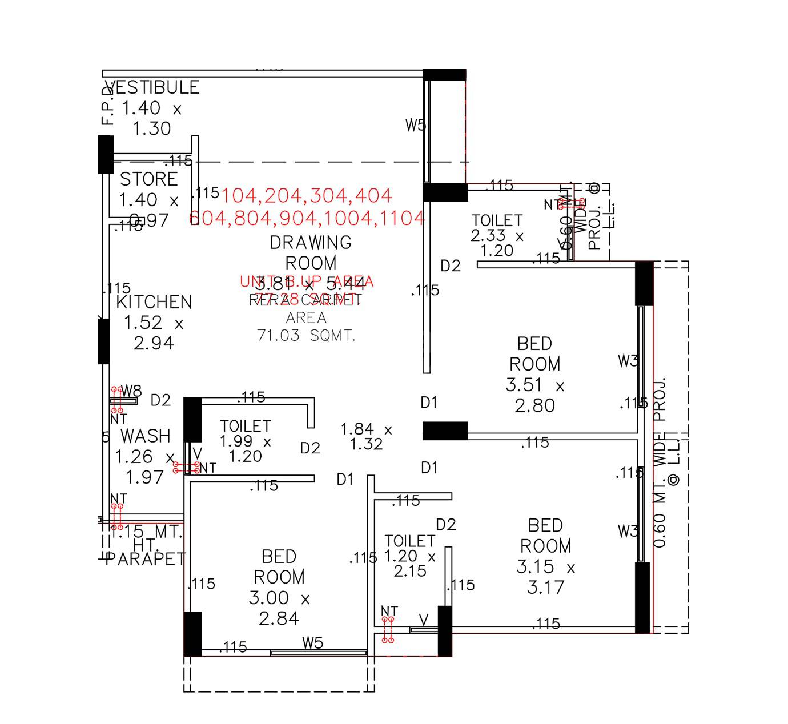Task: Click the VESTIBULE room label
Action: pos(153,87)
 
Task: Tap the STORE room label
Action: pos(148,179)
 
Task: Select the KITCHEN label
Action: pos(154,302)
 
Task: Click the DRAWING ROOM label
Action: pos(311,252)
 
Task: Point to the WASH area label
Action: pos(146,436)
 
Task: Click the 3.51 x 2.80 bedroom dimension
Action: pos(534,396)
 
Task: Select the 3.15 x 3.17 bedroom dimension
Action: pos(546,577)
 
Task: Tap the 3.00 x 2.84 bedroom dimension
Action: pos(279,608)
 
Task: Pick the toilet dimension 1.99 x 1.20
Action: pos(246,449)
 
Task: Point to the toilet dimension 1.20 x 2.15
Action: pos(410,563)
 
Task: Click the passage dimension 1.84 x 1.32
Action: pos(366,437)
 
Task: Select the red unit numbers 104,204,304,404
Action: pos(307,196)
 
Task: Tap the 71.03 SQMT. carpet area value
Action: pos(307,336)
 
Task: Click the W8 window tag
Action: pos(132,391)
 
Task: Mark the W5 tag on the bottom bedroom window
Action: pos(313,643)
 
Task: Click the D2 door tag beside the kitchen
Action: pos(161,400)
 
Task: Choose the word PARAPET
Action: pos(146,559)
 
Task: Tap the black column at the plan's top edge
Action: pos(444,75)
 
